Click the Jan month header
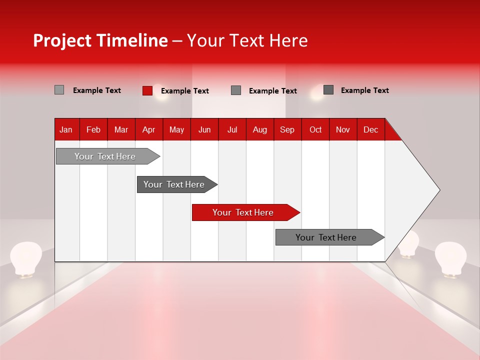[66, 129]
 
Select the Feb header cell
[93, 129]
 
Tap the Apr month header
[149, 129]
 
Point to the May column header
[176, 129]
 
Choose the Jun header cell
[204, 129]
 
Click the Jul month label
[232, 129]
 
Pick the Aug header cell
[260, 129]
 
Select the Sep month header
[287, 129]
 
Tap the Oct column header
[315, 129]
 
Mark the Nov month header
[343, 129]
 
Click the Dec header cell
[371, 129]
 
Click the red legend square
[147, 90]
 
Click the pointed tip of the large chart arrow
[438, 190]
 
